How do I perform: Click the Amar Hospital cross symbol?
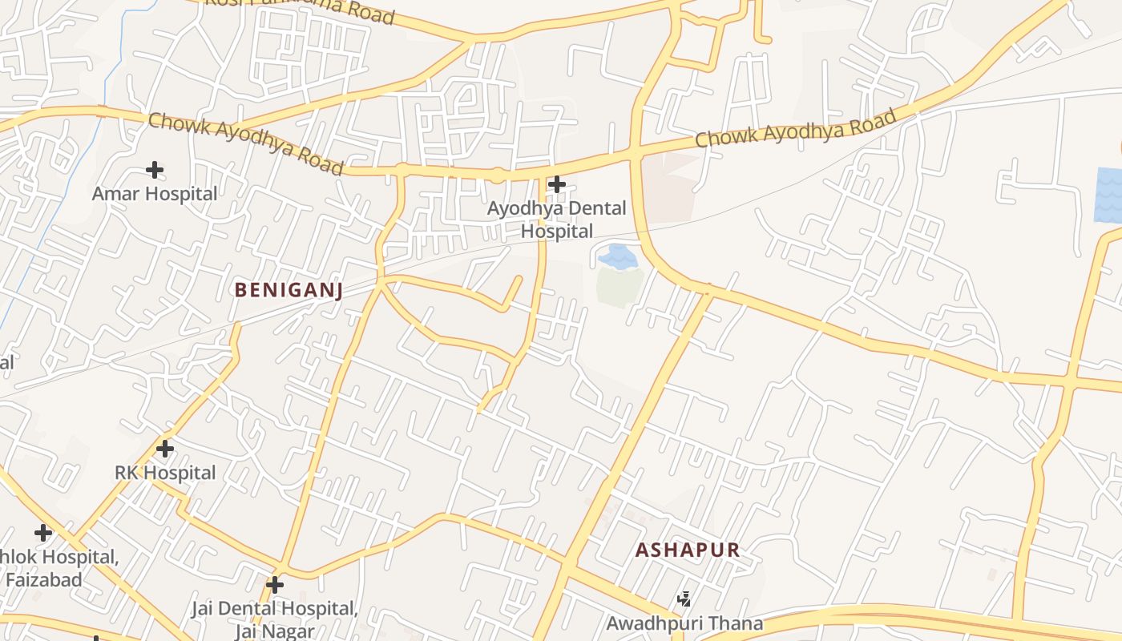coord(155,170)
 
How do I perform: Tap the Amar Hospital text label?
coord(155,194)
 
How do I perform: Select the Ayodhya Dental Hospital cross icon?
coord(556,185)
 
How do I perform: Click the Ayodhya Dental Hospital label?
coord(558,220)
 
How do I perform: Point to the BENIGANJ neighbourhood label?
coord(289,290)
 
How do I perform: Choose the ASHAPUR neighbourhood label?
coord(688,550)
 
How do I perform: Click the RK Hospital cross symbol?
coord(165,449)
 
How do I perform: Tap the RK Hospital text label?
coord(165,473)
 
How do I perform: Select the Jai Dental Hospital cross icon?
coord(275,585)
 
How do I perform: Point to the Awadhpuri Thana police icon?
coord(684,599)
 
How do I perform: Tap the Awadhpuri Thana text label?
coord(684,623)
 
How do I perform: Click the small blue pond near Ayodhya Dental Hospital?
coord(618,256)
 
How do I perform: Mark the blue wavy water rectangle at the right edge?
coord(1108,195)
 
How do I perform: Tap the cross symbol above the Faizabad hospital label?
coord(43,533)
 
